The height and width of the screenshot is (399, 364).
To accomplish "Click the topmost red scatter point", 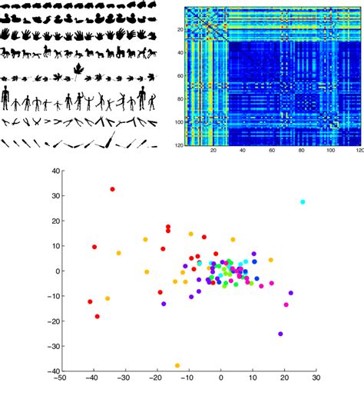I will [x=112, y=189].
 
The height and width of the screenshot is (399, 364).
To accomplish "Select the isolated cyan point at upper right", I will [x=303, y=201].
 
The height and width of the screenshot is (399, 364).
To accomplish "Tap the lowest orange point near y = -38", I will [x=177, y=365].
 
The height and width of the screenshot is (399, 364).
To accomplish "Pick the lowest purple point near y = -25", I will [x=280, y=334].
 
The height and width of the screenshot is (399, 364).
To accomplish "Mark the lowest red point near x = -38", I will [x=98, y=316].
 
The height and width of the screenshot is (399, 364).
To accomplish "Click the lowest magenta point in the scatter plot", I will [x=286, y=305].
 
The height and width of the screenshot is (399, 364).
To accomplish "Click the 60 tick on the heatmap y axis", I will [x=177, y=76].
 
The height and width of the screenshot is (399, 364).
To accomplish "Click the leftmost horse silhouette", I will [x=7, y=52].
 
